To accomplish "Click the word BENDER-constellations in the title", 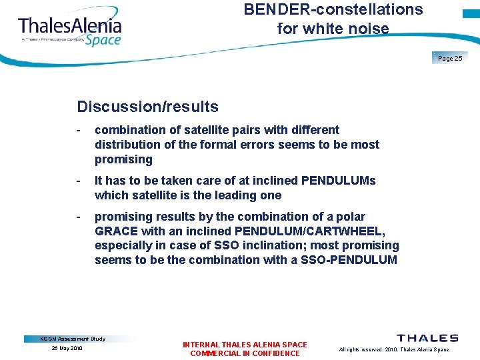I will coord(333,10).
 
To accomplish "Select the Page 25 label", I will coord(450,59).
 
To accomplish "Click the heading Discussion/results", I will coord(147,107).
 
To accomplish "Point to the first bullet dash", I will coord(79,130).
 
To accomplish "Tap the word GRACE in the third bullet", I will coord(116,231).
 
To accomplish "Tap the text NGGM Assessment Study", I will coord(73,339).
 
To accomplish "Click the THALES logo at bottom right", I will coord(427,338).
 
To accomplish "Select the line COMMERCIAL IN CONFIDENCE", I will coord(245,353).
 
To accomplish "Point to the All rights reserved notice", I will coord(393,349).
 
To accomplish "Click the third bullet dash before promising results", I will coord(79,217).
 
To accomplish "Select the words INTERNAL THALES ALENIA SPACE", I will coord(245,345).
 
